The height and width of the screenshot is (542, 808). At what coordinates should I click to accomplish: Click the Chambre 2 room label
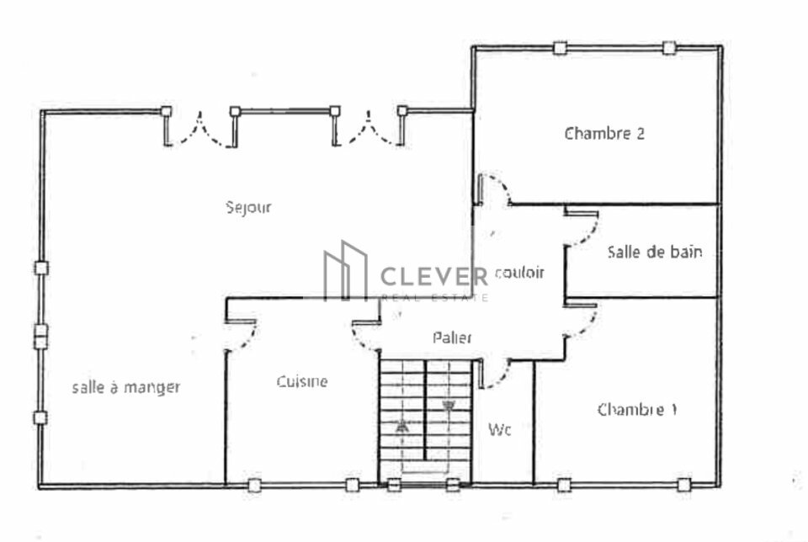click(604, 134)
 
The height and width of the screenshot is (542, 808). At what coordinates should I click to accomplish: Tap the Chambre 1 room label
click(637, 410)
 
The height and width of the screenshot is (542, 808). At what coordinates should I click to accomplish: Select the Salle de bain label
click(655, 252)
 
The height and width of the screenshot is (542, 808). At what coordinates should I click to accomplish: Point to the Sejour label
click(248, 207)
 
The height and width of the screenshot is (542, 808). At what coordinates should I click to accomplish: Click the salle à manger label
click(126, 387)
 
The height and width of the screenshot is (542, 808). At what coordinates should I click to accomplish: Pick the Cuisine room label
click(302, 381)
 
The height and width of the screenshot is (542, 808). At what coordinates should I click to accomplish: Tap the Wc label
click(499, 429)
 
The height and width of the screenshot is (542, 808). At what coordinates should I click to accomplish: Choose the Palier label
click(452, 337)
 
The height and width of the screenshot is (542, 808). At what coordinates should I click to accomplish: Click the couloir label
click(519, 272)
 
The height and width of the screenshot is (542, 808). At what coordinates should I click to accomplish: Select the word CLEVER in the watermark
click(434, 277)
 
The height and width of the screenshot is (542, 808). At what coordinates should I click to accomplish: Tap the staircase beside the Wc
click(426, 422)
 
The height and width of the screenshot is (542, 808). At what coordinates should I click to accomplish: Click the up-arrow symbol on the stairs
click(402, 426)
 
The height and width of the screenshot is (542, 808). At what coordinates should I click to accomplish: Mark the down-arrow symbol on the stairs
click(448, 406)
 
